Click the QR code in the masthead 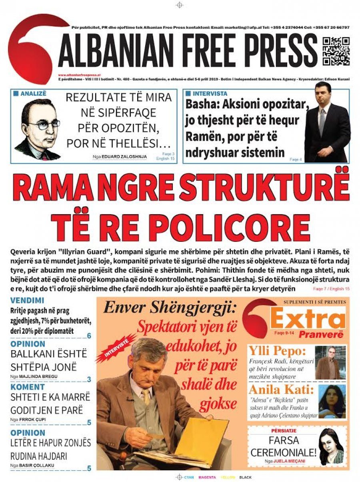click(336, 51)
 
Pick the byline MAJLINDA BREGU click(38, 376)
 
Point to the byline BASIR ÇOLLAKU click(40, 466)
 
